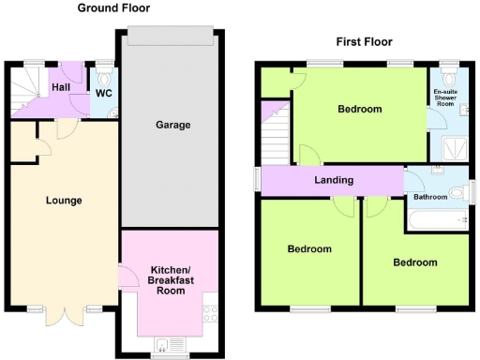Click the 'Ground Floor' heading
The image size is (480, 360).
point(114,8)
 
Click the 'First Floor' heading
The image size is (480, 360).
point(364,41)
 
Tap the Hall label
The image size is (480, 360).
point(61,86)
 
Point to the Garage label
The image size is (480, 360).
point(172,125)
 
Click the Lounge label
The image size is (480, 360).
point(64,200)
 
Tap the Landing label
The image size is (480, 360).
point(334,180)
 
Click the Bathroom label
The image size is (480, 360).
point(430,198)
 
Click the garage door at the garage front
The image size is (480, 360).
point(172,36)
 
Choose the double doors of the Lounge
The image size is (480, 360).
point(64,316)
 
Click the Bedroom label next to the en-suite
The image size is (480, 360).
point(360,110)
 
